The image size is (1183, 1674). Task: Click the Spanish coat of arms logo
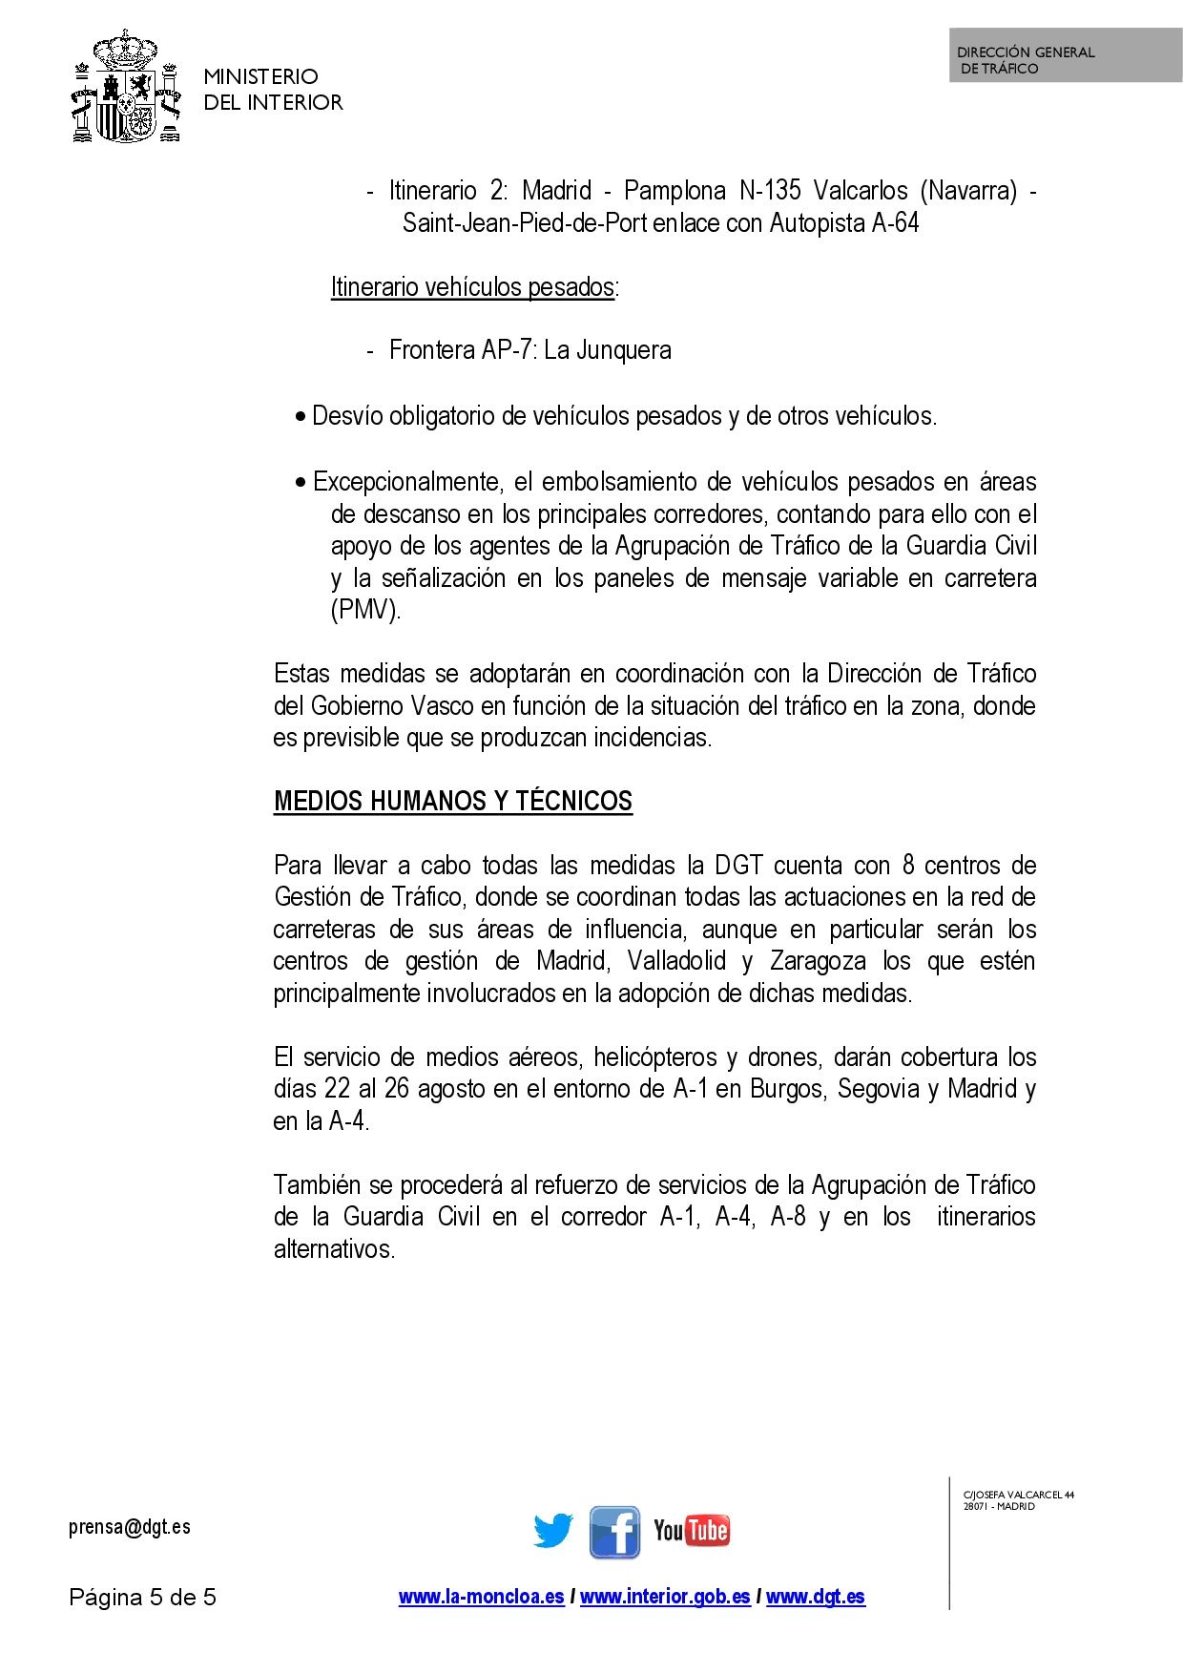click(127, 87)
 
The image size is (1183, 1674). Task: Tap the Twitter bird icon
click(553, 1531)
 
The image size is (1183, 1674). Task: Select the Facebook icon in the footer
click(614, 1532)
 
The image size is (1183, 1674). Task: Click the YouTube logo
click(692, 1531)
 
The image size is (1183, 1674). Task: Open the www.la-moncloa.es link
click(481, 1597)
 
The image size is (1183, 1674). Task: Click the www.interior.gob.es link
click(665, 1597)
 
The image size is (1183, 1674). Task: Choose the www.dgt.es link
click(816, 1597)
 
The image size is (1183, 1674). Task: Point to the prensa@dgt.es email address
click(130, 1527)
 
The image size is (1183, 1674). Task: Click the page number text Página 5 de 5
click(143, 1597)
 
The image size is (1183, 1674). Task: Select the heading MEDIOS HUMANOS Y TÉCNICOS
click(453, 801)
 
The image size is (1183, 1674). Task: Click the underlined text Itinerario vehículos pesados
click(472, 286)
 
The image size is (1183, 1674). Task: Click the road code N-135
click(770, 191)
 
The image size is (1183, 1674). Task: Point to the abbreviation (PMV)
click(365, 610)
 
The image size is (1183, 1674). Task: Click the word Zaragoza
click(818, 960)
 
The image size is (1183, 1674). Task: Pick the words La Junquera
click(608, 350)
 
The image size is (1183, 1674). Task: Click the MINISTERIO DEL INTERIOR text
click(273, 89)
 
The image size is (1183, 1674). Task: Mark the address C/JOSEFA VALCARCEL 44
click(1019, 1495)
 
